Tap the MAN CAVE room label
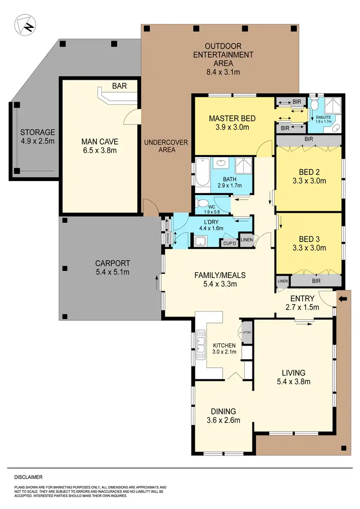point(99,142)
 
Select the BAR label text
point(119,86)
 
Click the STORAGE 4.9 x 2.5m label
point(37,137)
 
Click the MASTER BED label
point(232,118)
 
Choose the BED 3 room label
point(309,239)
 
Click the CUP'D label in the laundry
point(230,243)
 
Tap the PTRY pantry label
point(248,332)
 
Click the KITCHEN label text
point(224,345)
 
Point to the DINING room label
point(223,411)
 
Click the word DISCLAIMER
point(28,477)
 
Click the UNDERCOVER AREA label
point(166,145)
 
